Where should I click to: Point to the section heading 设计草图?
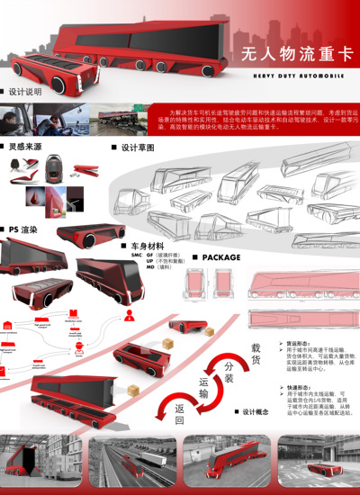click(137, 146)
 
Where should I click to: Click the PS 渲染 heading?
click(23, 229)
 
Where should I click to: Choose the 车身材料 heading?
click(147, 245)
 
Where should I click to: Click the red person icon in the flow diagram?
click(130, 315)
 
